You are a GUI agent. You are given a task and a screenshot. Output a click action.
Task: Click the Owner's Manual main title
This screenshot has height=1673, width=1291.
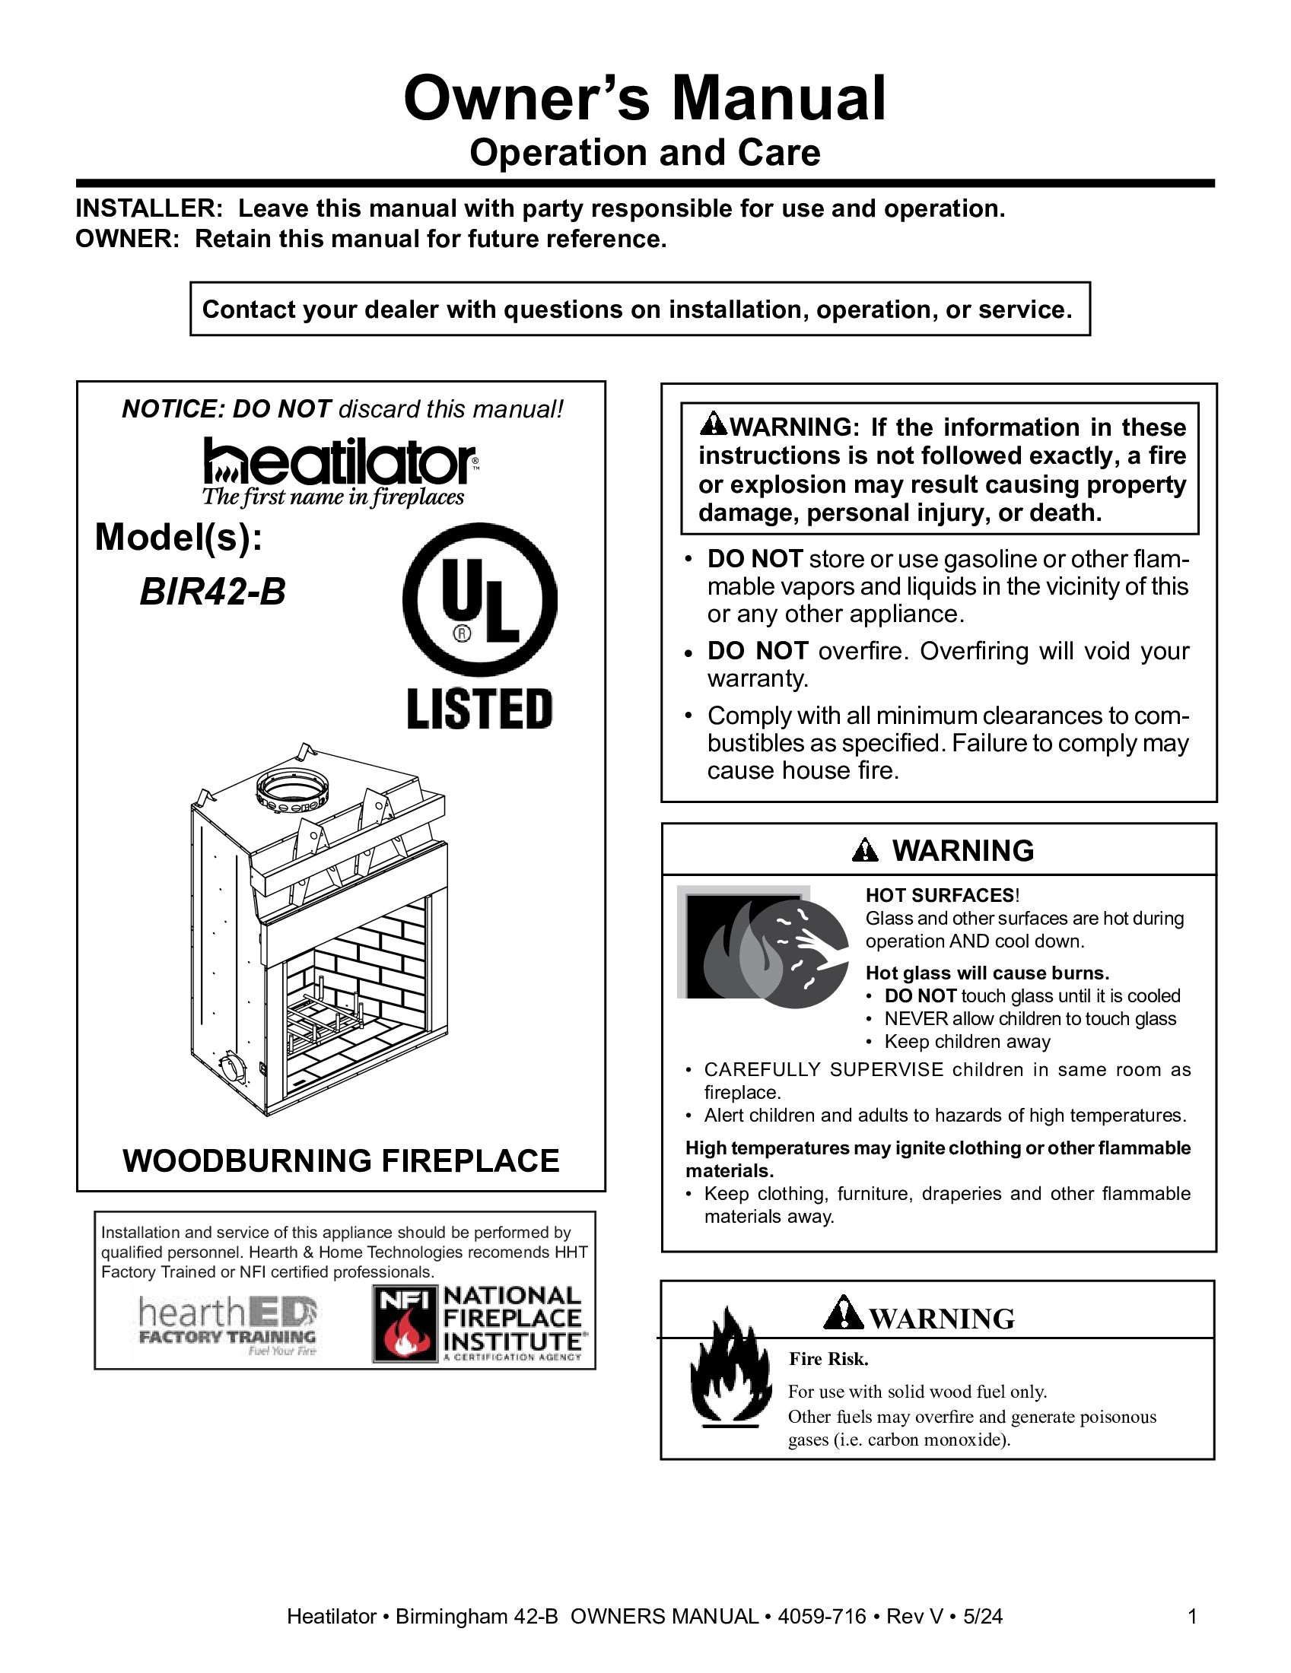pos(644,98)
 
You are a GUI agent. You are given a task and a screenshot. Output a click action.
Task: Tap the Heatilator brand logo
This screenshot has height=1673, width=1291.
pos(339,462)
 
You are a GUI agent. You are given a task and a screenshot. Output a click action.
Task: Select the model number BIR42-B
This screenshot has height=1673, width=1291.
pos(212,592)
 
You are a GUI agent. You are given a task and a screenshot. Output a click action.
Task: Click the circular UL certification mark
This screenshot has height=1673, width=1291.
pos(479,600)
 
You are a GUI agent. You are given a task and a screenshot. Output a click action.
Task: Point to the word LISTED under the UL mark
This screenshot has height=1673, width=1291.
pos(479,709)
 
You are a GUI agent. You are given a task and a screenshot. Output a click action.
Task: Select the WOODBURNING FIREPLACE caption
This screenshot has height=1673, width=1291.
pos(341,1160)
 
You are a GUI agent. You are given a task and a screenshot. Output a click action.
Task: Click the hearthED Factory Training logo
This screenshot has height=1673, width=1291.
pos(227,1325)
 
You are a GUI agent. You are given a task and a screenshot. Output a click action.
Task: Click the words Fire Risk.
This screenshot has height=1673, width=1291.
pos(828,1359)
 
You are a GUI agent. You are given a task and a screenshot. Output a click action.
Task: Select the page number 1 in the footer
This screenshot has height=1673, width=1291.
pos(1192,1616)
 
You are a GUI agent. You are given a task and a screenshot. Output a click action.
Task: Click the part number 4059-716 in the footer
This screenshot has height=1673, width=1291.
pos(822,1616)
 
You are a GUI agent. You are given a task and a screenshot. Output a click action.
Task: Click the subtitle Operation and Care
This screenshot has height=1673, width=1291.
pos(644,152)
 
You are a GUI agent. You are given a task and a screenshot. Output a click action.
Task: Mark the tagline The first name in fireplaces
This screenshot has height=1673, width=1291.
pos(332,497)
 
